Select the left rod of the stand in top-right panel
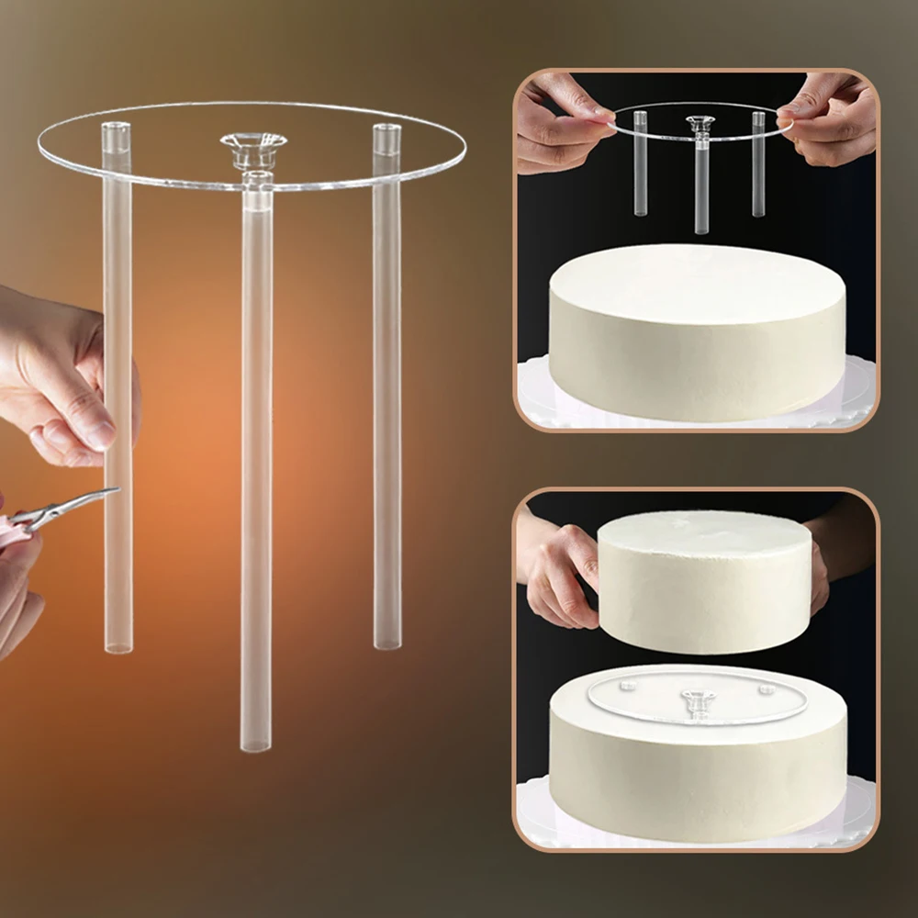click(x=640, y=165)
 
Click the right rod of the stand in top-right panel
click(x=758, y=165)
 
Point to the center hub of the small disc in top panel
click(x=700, y=121)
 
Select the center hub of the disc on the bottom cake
click(x=698, y=700)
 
